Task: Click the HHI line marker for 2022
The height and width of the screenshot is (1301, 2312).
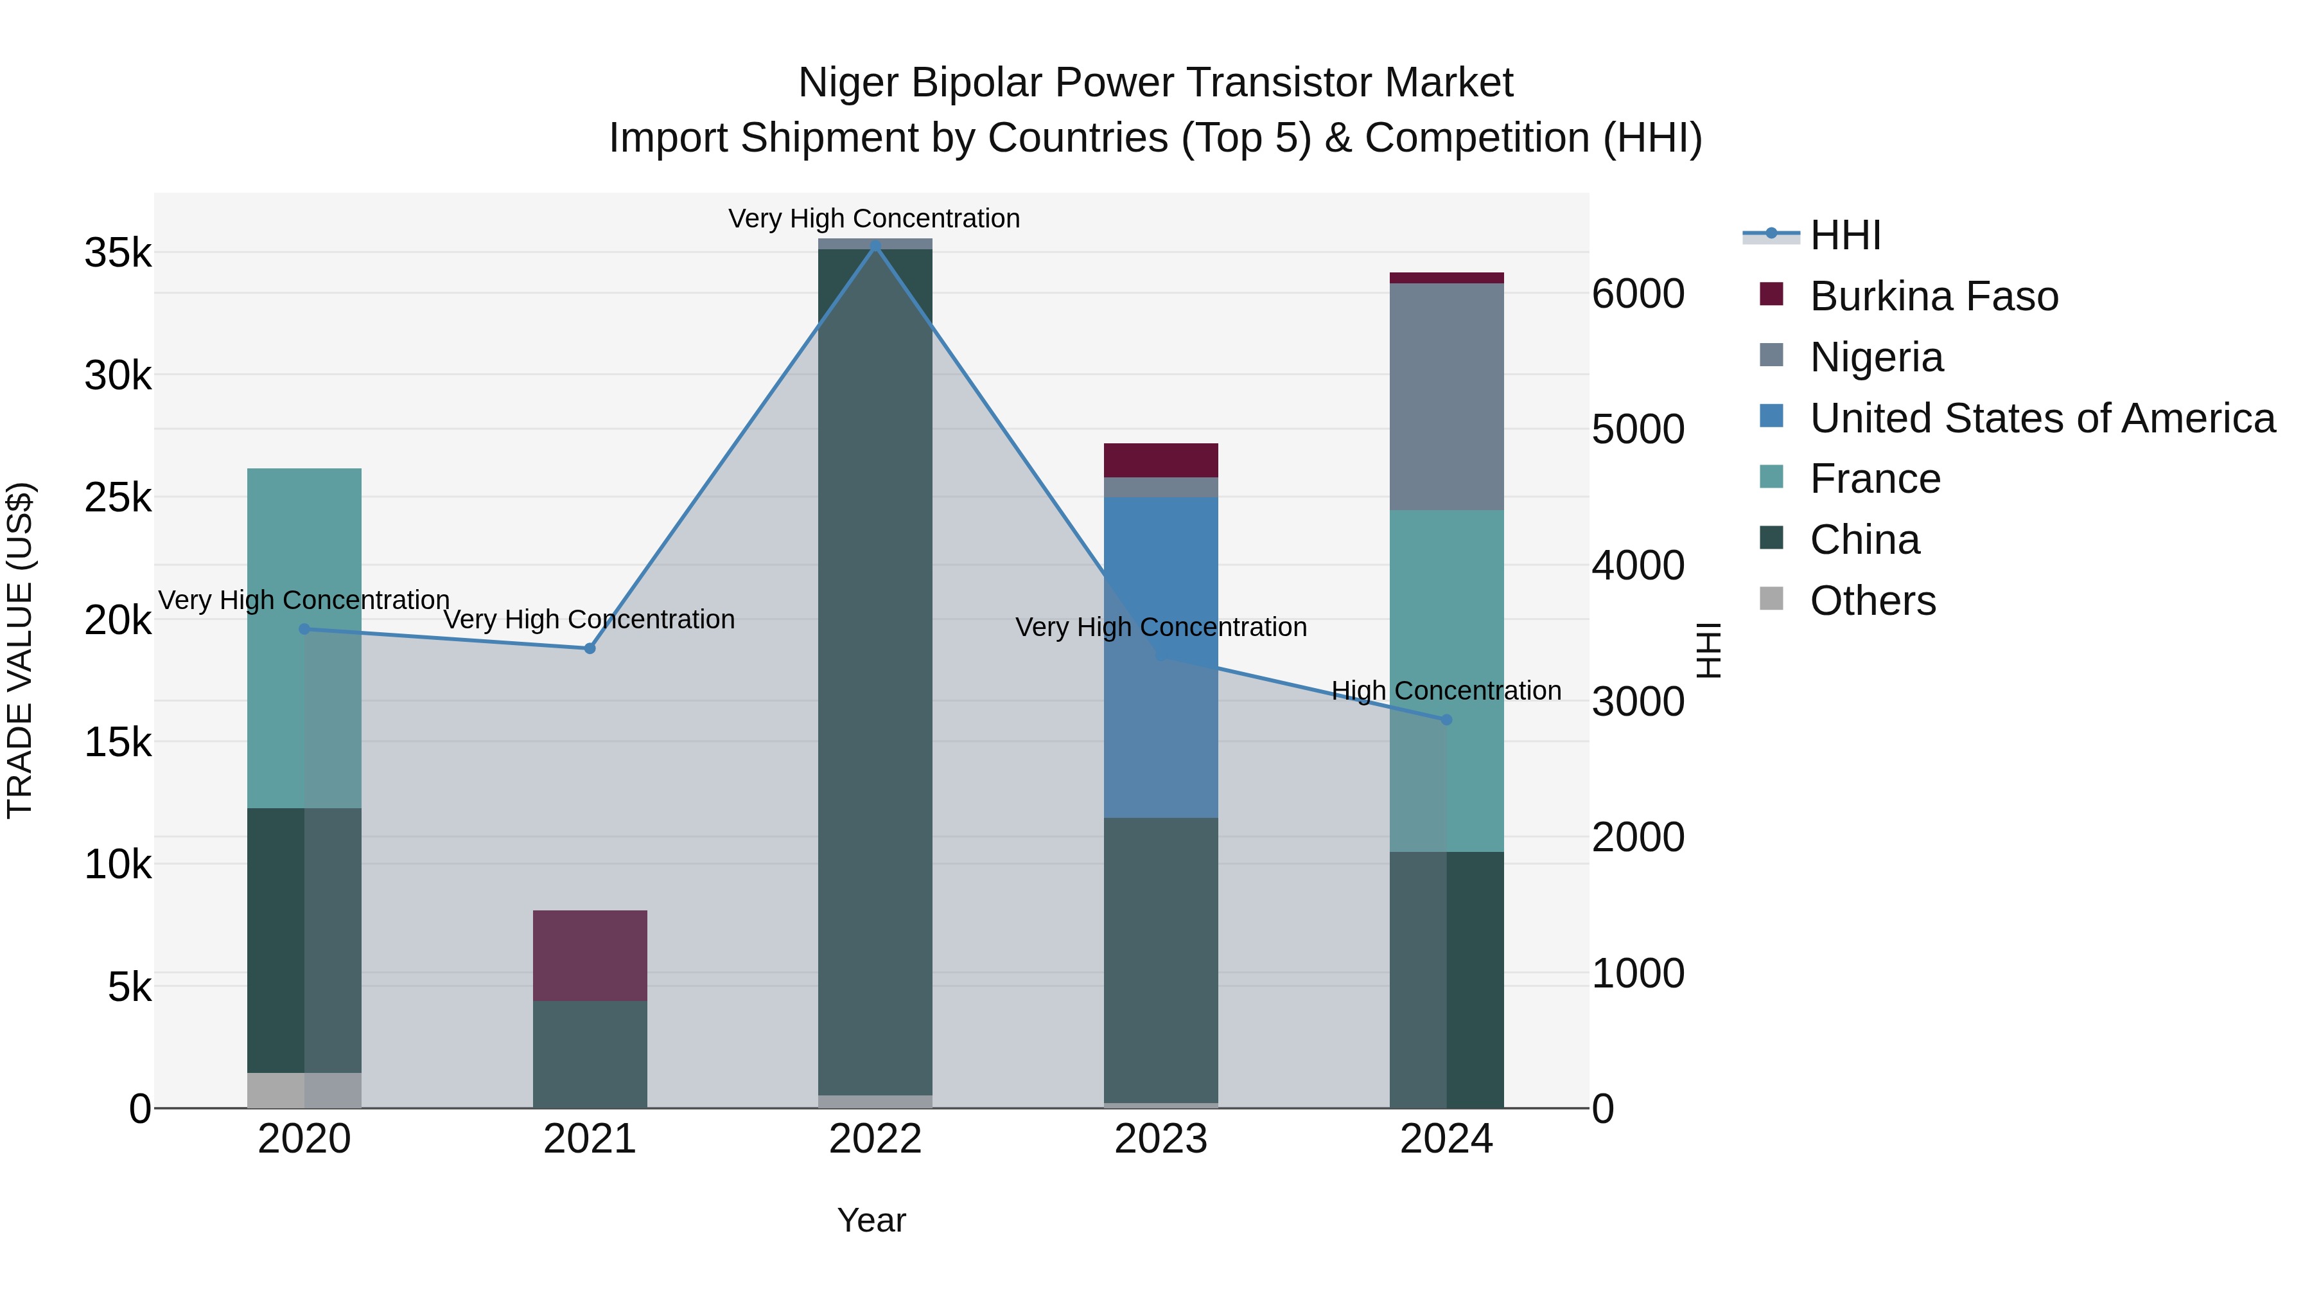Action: (875, 245)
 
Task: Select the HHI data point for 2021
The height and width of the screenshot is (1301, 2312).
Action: (590, 648)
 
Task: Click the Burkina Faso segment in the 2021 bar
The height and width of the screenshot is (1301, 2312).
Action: (590, 955)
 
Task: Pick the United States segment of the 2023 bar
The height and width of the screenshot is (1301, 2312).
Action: (1160, 657)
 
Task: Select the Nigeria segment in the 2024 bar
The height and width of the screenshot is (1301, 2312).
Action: (1446, 397)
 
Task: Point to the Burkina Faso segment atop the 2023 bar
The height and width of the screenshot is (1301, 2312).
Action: (1160, 460)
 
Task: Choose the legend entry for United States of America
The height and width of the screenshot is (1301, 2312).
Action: (2042, 418)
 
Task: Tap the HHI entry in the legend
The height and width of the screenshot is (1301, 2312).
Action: (1844, 235)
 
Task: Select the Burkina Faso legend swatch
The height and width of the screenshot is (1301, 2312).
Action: (1772, 294)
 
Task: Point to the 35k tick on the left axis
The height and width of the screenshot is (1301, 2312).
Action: (118, 253)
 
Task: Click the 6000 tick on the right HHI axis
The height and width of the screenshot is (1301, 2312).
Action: (1638, 294)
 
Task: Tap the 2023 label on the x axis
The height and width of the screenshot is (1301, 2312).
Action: (1160, 1139)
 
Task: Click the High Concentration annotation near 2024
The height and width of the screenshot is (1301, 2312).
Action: (1446, 691)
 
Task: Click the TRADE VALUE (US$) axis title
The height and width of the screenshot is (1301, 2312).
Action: (20, 650)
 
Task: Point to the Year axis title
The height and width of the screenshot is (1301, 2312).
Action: (871, 1220)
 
